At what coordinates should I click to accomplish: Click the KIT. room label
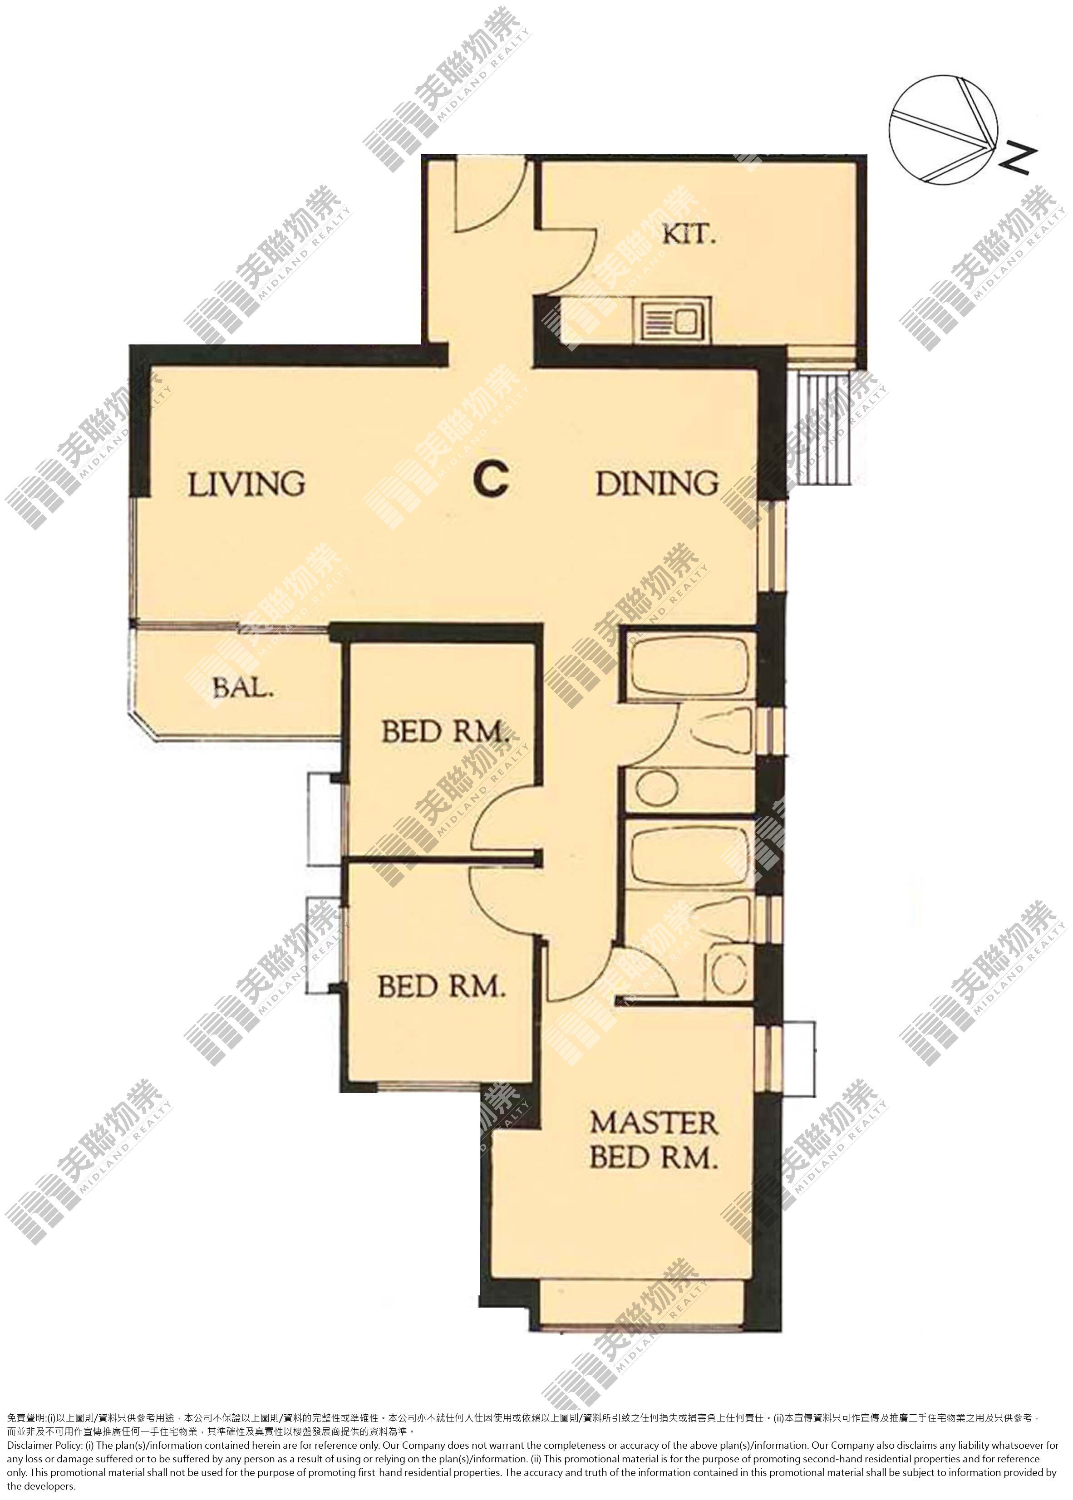tap(689, 235)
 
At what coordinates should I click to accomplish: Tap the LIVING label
tap(246, 484)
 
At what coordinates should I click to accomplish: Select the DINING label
tap(657, 484)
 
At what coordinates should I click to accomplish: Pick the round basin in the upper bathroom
tap(656, 790)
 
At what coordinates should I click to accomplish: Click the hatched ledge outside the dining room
tap(825, 426)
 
